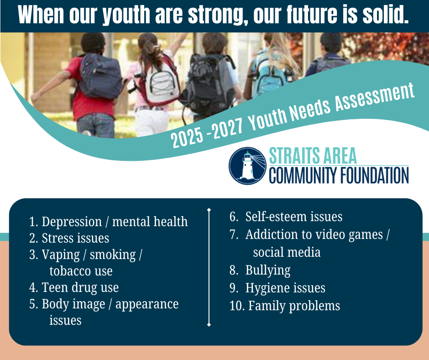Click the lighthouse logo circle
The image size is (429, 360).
pyautogui.click(x=247, y=166)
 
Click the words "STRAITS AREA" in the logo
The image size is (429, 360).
pyautogui.click(x=313, y=155)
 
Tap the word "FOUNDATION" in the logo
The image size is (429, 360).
pyautogui.click(x=374, y=175)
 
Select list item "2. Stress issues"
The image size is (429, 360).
pyautogui.click(x=69, y=238)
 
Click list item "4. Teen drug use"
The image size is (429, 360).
pyautogui.click(x=74, y=288)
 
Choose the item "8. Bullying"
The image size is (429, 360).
pyautogui.click(x=260, y=270)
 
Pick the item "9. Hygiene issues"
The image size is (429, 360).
pyautogui.click(x=277, y=288)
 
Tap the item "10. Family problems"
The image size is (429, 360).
pyautogui.click(x=285, y=306)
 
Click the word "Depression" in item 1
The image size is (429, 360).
pyautogui.click(x=72, y=222)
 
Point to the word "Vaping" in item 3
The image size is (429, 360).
pyautogui.click(x=61, y=255)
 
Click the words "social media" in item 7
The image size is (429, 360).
pyautogui.click(x=287, y=252)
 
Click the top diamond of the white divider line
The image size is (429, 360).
pyautogui.click(x=209, y=210)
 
